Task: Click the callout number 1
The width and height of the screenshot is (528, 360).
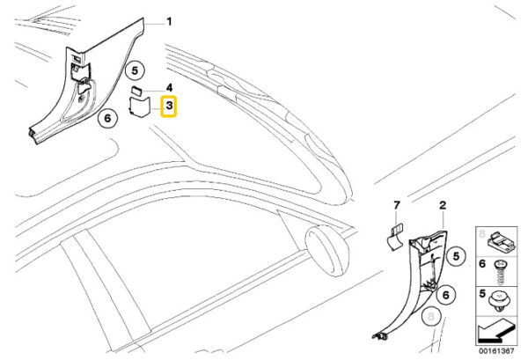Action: click(170, 22)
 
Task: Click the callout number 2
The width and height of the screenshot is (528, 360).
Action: click(443, 205)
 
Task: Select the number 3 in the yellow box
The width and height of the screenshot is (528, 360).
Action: click(170, 107)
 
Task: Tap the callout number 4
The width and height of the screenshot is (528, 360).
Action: click(170, 88)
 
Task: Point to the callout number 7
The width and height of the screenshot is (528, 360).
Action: click(396, 205)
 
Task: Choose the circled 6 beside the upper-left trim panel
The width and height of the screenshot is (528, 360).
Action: click(106, 117)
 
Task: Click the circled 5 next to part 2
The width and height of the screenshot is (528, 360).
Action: click(456, 257)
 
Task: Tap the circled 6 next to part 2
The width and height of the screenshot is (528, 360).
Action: click(445, 296)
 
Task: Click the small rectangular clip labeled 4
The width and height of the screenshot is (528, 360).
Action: click(136, 90)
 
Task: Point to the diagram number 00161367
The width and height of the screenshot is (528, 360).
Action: click(496, 350)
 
